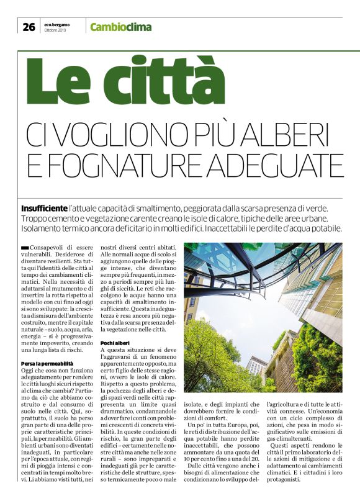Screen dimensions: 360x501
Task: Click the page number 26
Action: click(28, 26)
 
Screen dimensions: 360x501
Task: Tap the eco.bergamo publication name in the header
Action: click(58, 23)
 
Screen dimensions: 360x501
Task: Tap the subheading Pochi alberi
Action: click(115, 343)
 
